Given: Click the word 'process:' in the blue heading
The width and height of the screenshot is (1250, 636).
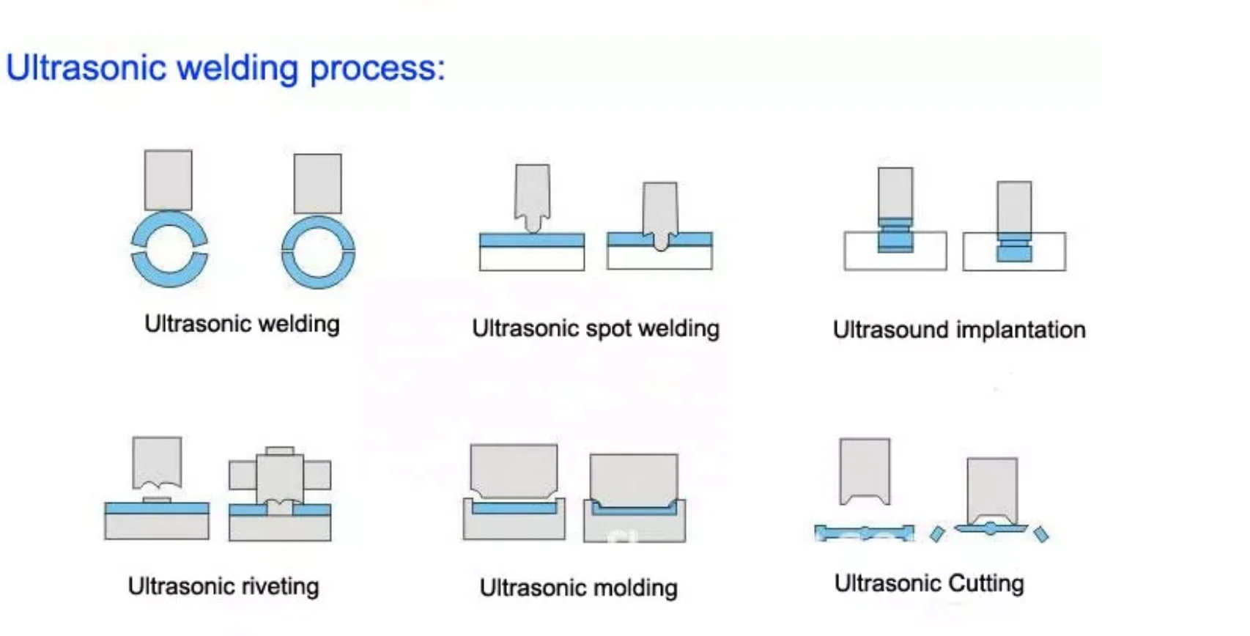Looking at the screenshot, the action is click(x=377, y=69).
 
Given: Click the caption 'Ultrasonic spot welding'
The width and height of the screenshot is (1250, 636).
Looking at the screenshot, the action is click(x=596, y=328).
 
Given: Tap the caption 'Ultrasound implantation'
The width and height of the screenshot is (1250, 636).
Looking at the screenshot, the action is click(x=958, y=330).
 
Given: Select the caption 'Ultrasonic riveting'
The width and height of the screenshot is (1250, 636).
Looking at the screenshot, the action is click(x=223, y=586).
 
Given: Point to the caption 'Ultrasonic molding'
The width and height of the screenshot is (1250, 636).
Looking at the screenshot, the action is click(x=579, y=588).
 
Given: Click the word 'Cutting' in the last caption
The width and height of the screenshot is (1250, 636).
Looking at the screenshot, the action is click(x=986, y=583).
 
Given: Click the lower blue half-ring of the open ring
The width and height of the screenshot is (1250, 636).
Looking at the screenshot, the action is click(x=170, y=270).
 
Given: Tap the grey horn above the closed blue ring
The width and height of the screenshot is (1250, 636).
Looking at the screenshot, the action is click(x=317, y=184).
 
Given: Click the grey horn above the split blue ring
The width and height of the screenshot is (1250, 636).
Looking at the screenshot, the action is click(x=168, y=180).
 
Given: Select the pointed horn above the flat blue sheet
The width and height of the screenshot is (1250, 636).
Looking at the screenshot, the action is click(x=533, y=198).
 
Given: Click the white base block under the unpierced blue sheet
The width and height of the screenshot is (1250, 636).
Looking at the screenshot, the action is click(x=532, y=259).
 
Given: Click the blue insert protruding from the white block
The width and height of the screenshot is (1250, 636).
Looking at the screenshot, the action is click(x=895, y=235).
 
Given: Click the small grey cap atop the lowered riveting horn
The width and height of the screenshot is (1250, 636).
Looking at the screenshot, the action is click(x=280, y=451).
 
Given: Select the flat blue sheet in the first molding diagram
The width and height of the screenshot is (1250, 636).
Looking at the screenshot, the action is click(x=514, y=508).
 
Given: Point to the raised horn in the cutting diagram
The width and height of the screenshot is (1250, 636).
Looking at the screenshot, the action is click(x=865, y=471).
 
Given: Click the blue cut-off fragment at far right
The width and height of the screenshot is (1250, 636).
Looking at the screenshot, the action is click(x=1040, y=534).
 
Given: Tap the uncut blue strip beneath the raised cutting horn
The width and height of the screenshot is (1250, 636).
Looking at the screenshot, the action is click(x=864, y=532).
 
